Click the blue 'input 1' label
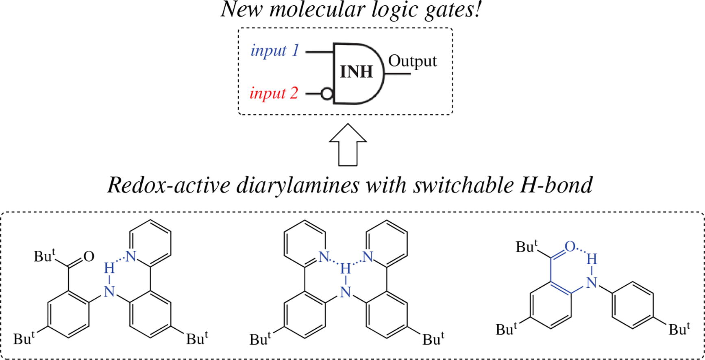coord(275,51)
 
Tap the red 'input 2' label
coord(274,93)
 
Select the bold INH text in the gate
coord(356,72)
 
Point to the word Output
coord(412,61)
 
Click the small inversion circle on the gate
coord(326,94)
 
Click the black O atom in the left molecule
coord(89,256)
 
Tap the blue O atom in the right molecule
coord(570,246)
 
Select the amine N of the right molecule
coord(592,282)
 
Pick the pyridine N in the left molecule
coord(130,256)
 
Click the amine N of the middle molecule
coord(346,292)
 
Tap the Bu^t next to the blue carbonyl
coord(527,247)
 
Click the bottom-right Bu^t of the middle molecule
coord(433,338)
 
